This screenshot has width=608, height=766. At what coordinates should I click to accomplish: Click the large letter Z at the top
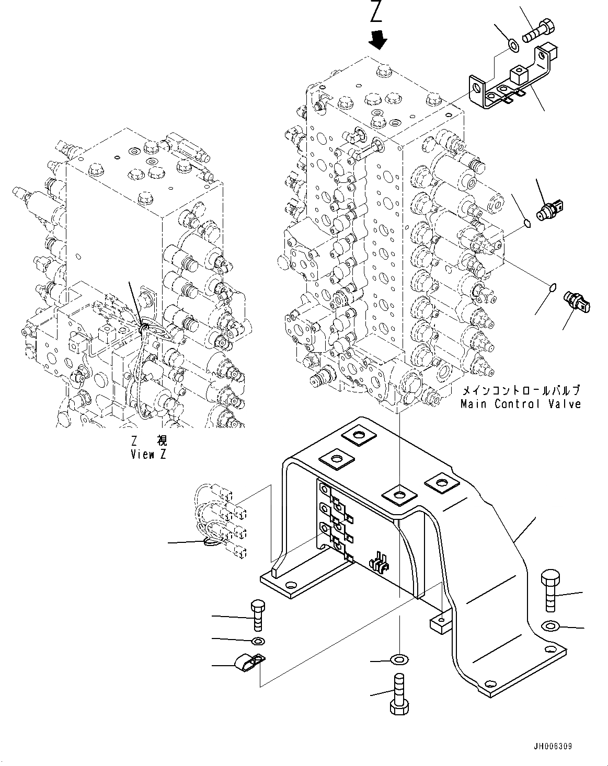coord(376,12)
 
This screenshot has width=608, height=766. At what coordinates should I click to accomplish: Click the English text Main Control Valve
coord(520,404)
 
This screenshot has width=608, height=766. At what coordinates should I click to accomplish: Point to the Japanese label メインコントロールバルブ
coord(520,391)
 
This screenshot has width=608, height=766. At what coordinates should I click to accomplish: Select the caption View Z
coord(148,454)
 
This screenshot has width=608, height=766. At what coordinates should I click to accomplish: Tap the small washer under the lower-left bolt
coord(258,641)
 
